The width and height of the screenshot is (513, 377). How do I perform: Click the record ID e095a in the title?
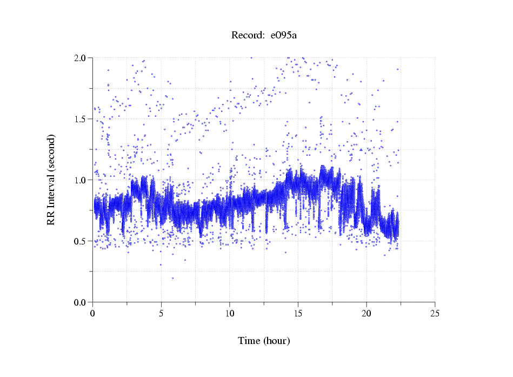(284, 36)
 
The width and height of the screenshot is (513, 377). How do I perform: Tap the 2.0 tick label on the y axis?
(82, 58)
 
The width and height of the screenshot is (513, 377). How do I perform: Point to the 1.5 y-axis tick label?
(82, 119)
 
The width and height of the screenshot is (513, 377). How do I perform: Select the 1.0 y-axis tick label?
(82, 180)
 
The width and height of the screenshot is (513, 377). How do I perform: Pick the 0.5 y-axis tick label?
(82, 241)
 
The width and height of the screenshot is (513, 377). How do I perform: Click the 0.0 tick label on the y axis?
(82, 302)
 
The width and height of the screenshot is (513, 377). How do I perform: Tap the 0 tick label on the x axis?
(93, 313)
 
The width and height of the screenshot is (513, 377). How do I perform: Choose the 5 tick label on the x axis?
(161, 313)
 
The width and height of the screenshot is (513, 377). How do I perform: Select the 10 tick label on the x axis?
(230, 313)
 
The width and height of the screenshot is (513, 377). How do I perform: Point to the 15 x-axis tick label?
(298, 313)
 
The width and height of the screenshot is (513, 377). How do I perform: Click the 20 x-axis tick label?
(367, 313)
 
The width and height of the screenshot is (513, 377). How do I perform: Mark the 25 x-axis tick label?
(435, 313)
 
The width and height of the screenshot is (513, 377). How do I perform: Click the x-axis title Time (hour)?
(264, 341)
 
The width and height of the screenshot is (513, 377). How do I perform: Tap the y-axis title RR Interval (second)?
(51, 179)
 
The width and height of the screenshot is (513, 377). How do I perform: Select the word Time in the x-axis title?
(249, 341)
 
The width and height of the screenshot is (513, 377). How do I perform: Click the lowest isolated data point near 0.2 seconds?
(173, 278)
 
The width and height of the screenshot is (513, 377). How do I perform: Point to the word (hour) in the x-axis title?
(276, 341)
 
